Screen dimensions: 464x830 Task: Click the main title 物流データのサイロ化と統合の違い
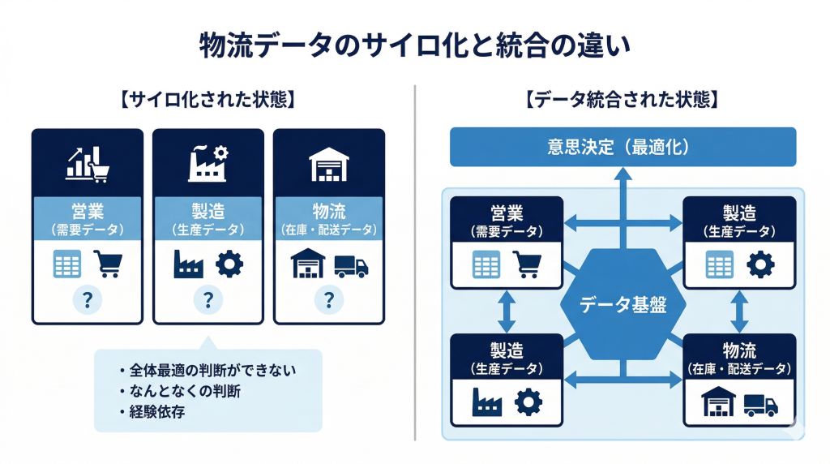click(x=414, y=45)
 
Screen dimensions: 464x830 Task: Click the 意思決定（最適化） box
click(x=622, y=148)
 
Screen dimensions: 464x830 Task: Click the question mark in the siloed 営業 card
click(x=88, y=301)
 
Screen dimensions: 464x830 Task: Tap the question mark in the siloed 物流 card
click(x=328, y=301)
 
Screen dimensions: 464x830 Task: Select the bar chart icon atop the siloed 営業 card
click(x=88, y=165)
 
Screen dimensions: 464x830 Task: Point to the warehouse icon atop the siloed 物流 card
click(x=328, y=165)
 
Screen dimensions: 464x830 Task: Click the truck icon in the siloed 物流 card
click(x=351, y=265)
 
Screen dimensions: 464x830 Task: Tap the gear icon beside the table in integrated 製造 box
click(x=760, y=264)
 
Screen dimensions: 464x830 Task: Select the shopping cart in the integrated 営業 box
click(x=528, y=264)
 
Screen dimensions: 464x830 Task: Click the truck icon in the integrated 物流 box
click(x=760, y=404)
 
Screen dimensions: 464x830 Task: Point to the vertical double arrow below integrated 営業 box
click(x=507, y=311)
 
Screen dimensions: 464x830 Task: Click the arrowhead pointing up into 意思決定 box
click(x=622, y=173)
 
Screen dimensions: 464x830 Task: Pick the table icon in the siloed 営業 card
click(x=67, y=264)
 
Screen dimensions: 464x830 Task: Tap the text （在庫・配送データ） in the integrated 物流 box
click(x=738, y=369)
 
